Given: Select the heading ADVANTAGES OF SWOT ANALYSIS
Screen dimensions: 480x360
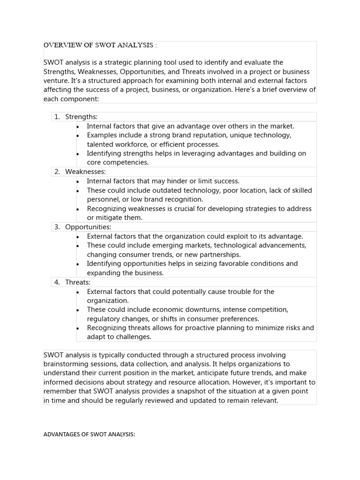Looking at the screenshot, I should [89, 435].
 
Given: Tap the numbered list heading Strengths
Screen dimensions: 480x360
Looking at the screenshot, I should [81, 117].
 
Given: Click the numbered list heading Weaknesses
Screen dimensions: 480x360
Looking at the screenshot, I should [85, 172].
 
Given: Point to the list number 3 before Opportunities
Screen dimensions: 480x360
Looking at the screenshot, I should [56, 227].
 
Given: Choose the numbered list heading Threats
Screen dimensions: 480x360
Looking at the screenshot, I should [78, 282].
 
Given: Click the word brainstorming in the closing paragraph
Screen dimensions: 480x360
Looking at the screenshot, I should [67, 364].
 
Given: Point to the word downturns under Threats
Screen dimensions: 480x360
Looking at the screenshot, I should [204, 310].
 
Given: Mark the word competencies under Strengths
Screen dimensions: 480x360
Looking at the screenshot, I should [126, 163].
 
